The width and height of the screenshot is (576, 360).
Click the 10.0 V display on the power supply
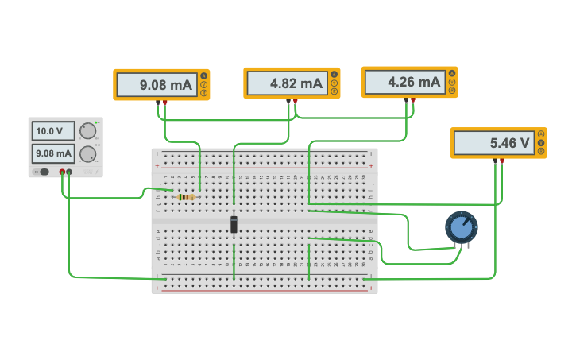pos(52,130)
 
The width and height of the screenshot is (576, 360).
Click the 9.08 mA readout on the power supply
pos(52,153)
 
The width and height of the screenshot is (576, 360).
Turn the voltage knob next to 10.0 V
pos(87,131)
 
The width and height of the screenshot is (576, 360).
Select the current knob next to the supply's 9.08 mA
pos(87,154)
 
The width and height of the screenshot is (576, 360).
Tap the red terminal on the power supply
pos(62,172)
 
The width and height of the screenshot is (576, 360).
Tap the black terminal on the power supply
pos(69,172)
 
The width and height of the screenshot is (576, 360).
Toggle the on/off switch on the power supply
pos(43,172)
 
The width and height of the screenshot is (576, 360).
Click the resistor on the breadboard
pos(186,197)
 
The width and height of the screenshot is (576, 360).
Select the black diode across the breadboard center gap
pos(234,224)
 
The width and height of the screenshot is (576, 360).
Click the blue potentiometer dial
pos(461,227)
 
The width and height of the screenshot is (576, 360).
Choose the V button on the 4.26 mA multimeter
pos(451,82)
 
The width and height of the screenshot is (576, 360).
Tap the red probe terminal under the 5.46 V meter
pos(501,161)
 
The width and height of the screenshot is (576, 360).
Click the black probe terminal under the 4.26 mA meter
pos(406,99)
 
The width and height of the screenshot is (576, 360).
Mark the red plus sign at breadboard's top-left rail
pos(157,166)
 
